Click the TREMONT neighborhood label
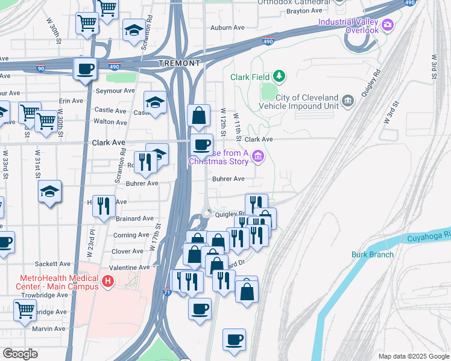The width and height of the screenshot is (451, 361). [179, 63]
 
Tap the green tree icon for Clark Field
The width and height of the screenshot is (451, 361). [279, 76]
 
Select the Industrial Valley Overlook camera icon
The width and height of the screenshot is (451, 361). [387, 25]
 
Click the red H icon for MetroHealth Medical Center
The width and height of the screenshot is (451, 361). [108, 281]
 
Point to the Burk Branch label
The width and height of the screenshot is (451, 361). [372, 255]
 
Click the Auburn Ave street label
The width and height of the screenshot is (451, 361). [227, 28]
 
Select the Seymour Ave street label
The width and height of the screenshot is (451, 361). [115, 91]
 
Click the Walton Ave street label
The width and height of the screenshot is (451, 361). [111, 122]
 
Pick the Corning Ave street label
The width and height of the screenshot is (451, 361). [131, 235]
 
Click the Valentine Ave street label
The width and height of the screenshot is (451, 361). [128, 267]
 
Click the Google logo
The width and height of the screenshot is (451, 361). [20, 353]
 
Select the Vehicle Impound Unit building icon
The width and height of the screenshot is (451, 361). [348, 100]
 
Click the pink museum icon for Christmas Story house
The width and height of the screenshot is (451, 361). [258, 157]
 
